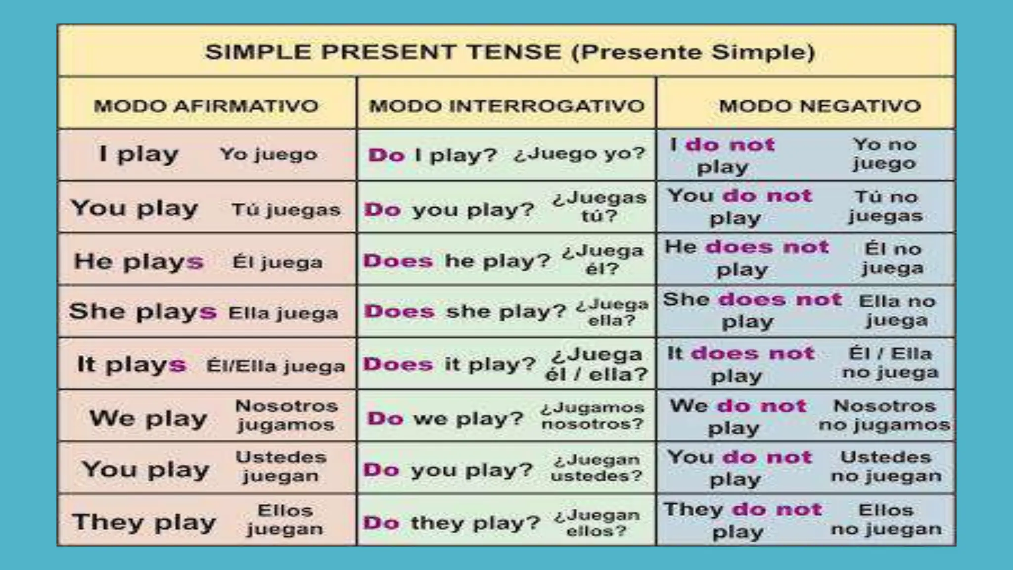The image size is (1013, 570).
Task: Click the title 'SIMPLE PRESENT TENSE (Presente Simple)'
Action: coord(509,52)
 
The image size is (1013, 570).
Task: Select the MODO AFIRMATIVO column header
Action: coord(206,106)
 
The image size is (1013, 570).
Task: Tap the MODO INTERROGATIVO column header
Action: coord(507,106)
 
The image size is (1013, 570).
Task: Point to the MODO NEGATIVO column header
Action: coord(820,106)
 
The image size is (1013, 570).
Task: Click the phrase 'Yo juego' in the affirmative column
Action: coord(268,154)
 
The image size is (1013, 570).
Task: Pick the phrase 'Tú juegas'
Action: coord(286,210)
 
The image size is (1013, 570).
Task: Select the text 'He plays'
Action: coord(138,261)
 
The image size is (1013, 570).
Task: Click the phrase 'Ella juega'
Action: coord(283,313)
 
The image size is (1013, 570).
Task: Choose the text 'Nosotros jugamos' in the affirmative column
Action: coord(286,416)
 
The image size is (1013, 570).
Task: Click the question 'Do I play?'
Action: coord(432,155)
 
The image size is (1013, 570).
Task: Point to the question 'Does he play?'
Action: coord(457,261)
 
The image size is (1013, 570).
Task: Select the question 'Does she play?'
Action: coord(465,312)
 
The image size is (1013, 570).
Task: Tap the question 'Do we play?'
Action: coord(445,419)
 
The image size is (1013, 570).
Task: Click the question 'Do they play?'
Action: coord(451,522)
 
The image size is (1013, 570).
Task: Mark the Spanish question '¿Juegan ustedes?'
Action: coord(596,468)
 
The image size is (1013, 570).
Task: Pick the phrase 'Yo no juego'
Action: coord(884,154)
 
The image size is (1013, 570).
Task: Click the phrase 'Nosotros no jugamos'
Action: coord(884,416)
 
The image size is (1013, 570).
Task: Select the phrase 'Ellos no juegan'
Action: coord(886,520)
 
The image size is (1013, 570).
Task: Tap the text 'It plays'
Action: coord(132,365)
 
